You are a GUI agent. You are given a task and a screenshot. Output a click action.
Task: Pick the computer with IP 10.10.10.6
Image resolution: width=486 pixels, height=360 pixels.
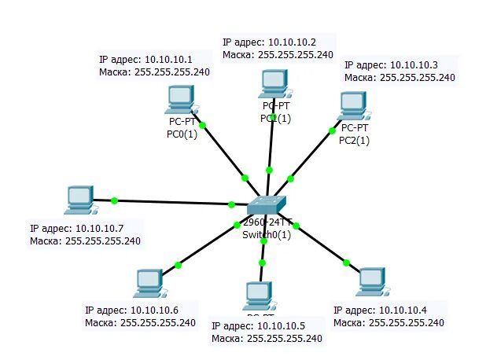(148, 281)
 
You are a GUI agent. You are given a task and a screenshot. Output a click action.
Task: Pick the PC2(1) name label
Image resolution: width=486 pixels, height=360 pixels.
(354, 141)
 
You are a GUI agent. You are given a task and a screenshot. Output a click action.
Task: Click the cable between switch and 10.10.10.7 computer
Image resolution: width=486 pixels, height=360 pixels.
(173, 203)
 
